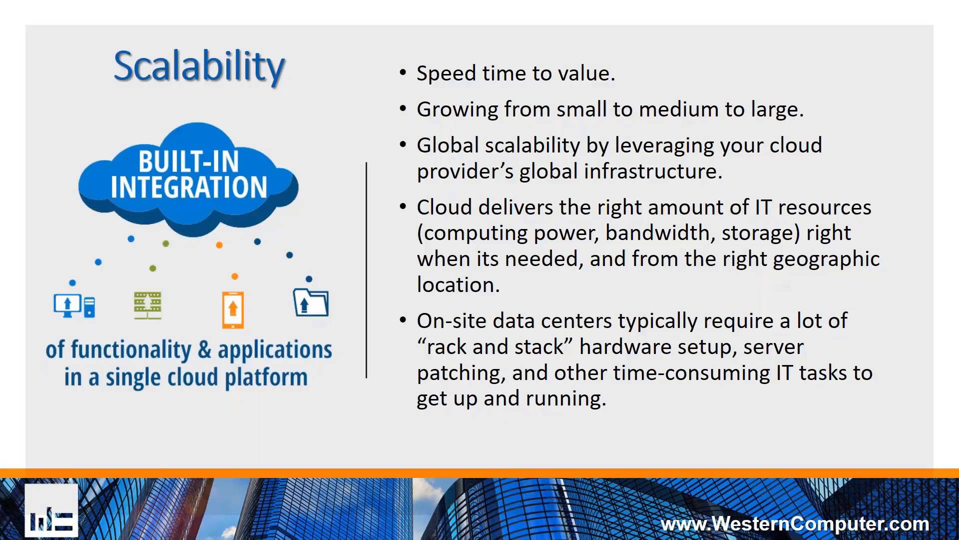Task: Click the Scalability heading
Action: pos(199,66)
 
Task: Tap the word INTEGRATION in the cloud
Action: pos(189,187)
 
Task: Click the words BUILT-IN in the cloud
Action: pos(189,161)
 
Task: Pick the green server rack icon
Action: pos(147,305)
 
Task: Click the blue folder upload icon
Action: pos(311,302)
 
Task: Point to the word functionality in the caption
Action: pos(131,349)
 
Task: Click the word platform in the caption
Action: pos(266,377)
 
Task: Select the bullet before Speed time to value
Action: pos(403,73)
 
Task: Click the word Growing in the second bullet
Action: pos(457,109)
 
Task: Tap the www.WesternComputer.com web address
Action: pos(795,523)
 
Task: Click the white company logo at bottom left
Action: pos(51,510)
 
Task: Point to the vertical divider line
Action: pos(366,270)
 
